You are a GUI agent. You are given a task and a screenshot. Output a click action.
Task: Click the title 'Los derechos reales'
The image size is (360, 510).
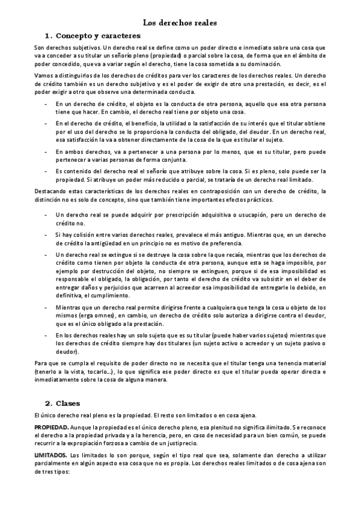(x=180, y=23)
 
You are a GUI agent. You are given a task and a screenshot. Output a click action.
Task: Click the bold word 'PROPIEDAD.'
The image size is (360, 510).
(x=50, y=426)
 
